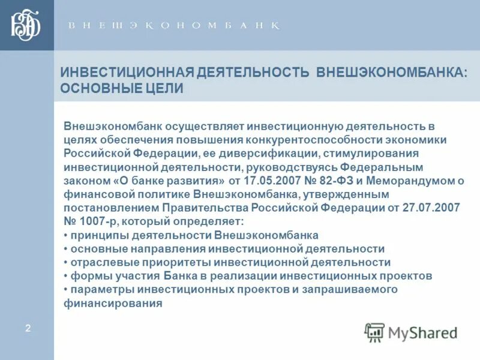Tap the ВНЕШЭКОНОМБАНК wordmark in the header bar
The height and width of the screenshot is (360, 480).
pyautogui.click(x=173, y=26)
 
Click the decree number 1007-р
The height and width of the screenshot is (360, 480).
pyautogui.click(x=97, y=221)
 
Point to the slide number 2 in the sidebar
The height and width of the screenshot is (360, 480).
pyautogui.click(x=28, y=328)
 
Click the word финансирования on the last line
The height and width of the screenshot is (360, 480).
pyautogui.click(x=113, y=304)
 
